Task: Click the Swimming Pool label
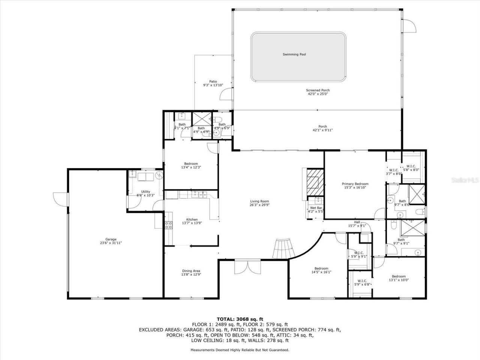point(294,54)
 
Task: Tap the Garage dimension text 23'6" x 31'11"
point(111,243)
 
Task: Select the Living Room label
point(259,201)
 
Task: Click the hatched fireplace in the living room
point(312,182)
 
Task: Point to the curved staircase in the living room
point(283,249)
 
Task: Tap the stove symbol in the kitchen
point(169,225)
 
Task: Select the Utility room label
point(145,192)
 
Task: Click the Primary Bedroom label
point(355,184)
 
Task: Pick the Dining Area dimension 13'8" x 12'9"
point(191,274)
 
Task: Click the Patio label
point(213,81)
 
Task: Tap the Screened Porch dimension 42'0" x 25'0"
point(318,94)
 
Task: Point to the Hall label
point(357,222)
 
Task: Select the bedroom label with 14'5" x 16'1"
point(321,268)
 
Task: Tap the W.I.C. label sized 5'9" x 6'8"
point(362,280)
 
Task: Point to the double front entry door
point(247,267)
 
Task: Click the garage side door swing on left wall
point(60,198)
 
